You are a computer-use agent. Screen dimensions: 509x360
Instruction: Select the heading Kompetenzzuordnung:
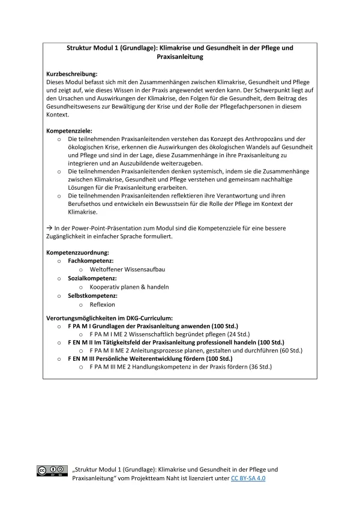pyautogui.click(x=77, y=253)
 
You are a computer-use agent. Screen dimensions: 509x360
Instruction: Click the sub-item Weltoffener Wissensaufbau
pyautogui.click(x=127, y=270)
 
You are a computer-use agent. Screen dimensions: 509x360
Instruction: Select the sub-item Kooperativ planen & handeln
pyautogui.click(x=129, y=287)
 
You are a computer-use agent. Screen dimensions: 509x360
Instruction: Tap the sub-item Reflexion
pyautogui.click(x=102, y=304)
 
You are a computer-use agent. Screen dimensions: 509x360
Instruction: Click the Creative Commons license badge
pyautogui.click(x=52, y=471)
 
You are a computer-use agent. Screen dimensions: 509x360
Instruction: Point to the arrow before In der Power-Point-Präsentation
pyautogui.click(x=49, y=228)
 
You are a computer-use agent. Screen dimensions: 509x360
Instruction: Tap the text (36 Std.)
pyautogui.click(x=256, y=367)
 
